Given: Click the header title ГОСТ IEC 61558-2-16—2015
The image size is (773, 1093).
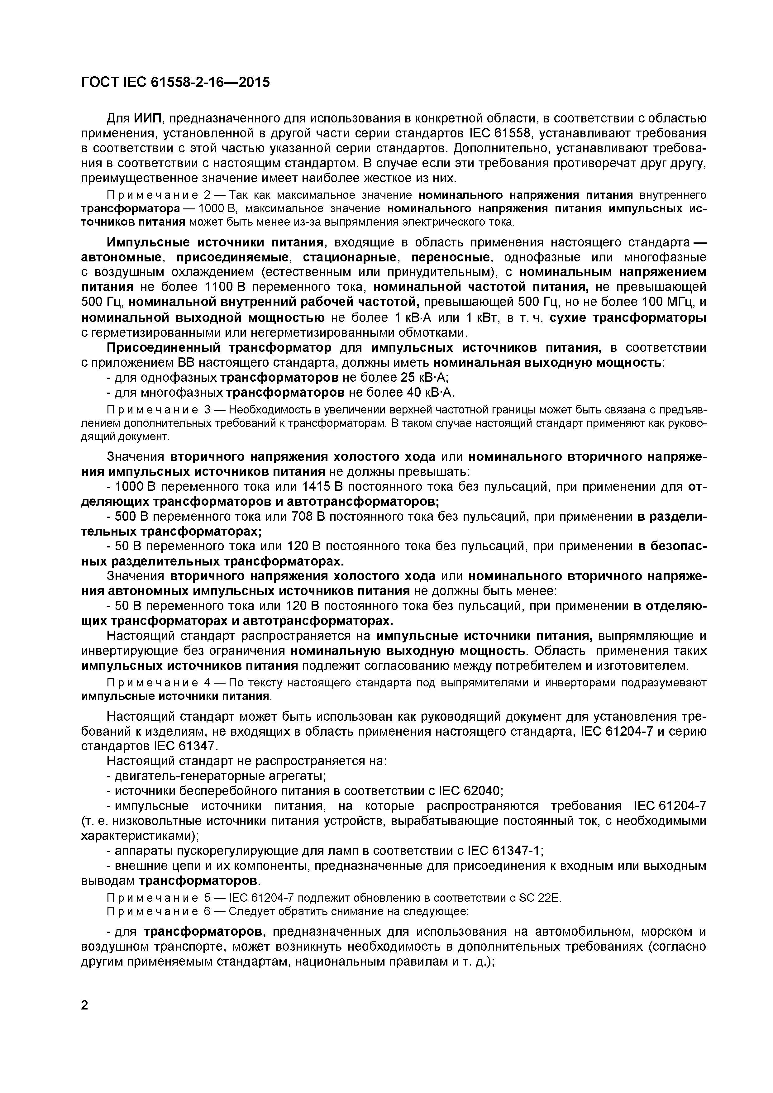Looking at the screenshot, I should pos(175,82).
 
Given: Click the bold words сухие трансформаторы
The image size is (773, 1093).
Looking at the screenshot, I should pos(628,317).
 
